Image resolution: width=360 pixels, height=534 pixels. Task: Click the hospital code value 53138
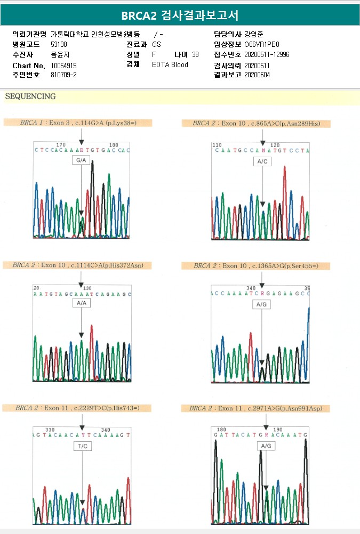(59, 44)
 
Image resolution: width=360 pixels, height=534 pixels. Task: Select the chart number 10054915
(63, 65)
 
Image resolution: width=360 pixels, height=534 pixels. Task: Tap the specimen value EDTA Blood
(170, 65)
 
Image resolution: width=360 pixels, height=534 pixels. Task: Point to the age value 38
(195, 55)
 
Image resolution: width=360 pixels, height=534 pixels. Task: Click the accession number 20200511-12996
(267, 55)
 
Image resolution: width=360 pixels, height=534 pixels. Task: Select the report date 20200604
(257, 75)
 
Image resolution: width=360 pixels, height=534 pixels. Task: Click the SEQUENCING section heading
(30, 96)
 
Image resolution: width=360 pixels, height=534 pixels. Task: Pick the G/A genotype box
(81, 160)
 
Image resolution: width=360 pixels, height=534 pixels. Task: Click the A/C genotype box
(262, 161)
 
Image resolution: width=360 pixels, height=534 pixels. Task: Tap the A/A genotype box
(81, 303)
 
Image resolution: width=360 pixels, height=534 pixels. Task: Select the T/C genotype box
(83, 447)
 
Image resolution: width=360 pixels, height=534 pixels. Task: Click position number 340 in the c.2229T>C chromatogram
(106, 430)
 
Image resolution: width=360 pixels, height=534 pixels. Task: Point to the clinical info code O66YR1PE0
(261, 44)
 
